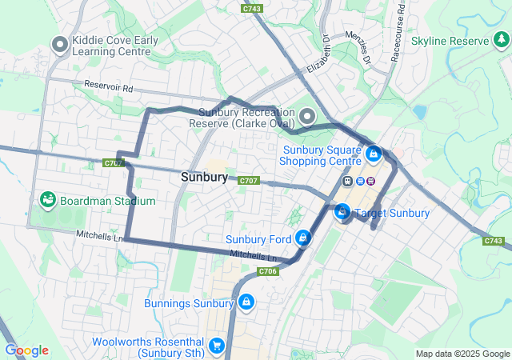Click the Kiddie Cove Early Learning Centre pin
point(59,45)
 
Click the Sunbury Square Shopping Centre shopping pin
point(374,151)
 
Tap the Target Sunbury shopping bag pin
point(342,212)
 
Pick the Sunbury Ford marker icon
point(303,238)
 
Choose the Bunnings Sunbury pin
point(246,302)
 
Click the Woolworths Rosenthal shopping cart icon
point(216,346)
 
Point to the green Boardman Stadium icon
point(47,200)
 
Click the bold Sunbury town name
point(204,177)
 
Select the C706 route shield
point(268,272)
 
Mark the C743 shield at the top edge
point(251,8)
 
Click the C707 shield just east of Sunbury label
point(249,181)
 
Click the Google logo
point(26,350)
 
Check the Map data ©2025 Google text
point(462,354)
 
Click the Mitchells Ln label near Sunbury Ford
point(253,256)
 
